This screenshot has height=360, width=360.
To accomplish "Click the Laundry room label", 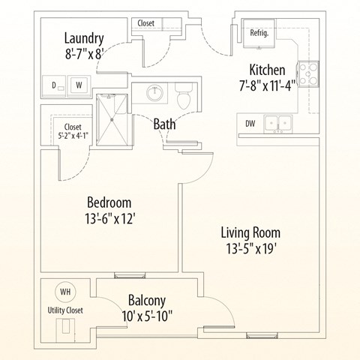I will [84, 38].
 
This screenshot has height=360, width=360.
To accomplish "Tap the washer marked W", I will [79, 85].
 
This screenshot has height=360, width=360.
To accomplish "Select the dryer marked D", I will [54, 85].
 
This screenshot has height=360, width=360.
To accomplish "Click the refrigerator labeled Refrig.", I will [259, 33].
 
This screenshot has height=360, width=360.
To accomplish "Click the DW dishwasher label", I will [249, 123].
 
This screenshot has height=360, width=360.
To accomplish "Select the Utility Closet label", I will [65, 310].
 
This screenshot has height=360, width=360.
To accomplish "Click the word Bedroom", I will [109, 202].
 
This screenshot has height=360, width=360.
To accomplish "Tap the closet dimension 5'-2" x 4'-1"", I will [73, 136].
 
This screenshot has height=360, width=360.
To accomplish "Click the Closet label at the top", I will [146, 23].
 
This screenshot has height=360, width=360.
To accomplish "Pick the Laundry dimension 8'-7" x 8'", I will [84, 54].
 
